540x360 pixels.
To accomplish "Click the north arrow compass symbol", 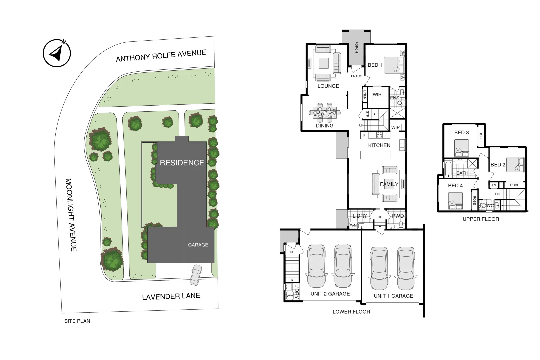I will [x=57, y=53].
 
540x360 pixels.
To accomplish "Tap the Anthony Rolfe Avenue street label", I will [x=161, y=56].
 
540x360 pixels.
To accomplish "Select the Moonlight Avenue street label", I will [x=71, y=215].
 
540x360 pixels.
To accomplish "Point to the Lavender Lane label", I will [x=171, y=296].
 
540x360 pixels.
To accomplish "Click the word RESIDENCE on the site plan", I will [x=182, y=163].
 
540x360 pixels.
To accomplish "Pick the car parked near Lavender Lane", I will [x=196, y=275].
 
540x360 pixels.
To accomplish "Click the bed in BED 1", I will [x=394, y=65].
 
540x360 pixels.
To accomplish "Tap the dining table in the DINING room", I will [x=325, y=113].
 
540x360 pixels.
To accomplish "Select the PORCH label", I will [x=356, y=47].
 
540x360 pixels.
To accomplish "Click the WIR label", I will [x=377, y=94].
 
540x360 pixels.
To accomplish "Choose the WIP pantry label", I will [x=395, y=127].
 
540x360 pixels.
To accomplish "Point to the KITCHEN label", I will [x=379, y=145].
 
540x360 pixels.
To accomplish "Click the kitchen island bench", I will [x=375, y=155].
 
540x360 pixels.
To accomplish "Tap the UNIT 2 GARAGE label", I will [x=330, y=294].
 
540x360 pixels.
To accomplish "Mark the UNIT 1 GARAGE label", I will [x=393, y=296].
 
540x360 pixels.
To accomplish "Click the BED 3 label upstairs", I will [x=461, y=133].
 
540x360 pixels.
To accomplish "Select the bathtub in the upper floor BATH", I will [x=448, y=169].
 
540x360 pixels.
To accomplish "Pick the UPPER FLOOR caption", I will [x=481, y=219].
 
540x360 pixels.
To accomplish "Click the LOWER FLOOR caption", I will [x=351, y=312].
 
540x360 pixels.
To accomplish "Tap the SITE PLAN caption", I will [x=77, y=321].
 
